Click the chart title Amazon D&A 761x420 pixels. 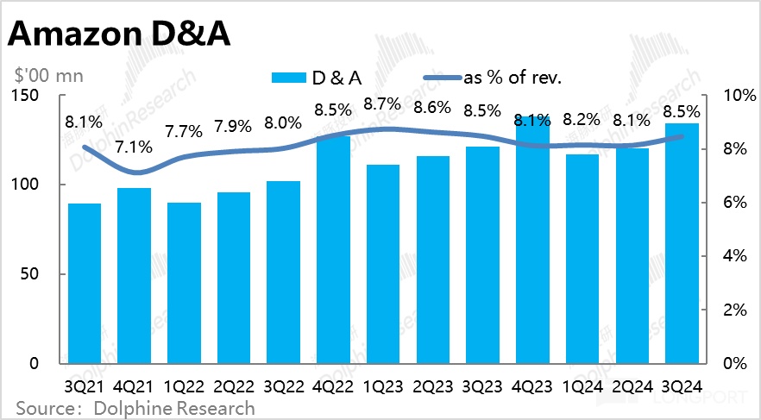pyautogui.click(x=120, y=36)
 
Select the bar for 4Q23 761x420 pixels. pyautogui.click(x=532, y=241)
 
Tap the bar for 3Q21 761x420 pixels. pyautogui.click(x=85, y=285)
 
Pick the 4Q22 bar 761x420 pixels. pyautogui.click(x=333, y=250)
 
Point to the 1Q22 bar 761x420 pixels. pyautogui.click(x=184, y=285)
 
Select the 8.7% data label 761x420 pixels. pyautogui.click(x=382, y=104)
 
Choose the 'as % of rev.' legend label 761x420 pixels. pyautogui.click(x=513, y=78)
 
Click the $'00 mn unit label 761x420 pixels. pyautogui.click(x=47, y=76)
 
